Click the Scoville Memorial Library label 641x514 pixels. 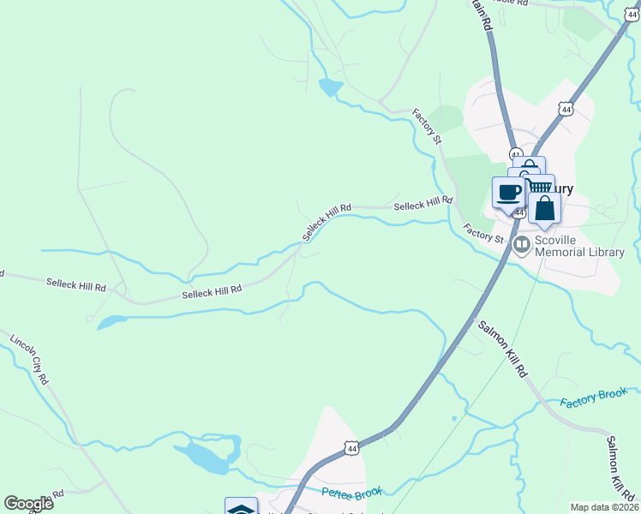(x=579, y=247)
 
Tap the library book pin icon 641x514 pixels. (x=521, y=245)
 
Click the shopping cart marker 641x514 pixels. (x=540, y=186)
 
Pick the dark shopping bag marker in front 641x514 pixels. (x=544, y=209)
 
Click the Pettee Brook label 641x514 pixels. (x=352, y=493)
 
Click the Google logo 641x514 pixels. (x=28, y=504)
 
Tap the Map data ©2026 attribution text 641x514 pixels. (x=604, y=507)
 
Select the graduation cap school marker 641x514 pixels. (x=241, y=508)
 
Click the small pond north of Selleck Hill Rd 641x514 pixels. (x=329, y=87)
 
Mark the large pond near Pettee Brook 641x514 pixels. (x=208, y=457)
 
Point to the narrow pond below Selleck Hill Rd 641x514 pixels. (x=111, y=322)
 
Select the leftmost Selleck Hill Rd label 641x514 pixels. (x=76, y=284)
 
